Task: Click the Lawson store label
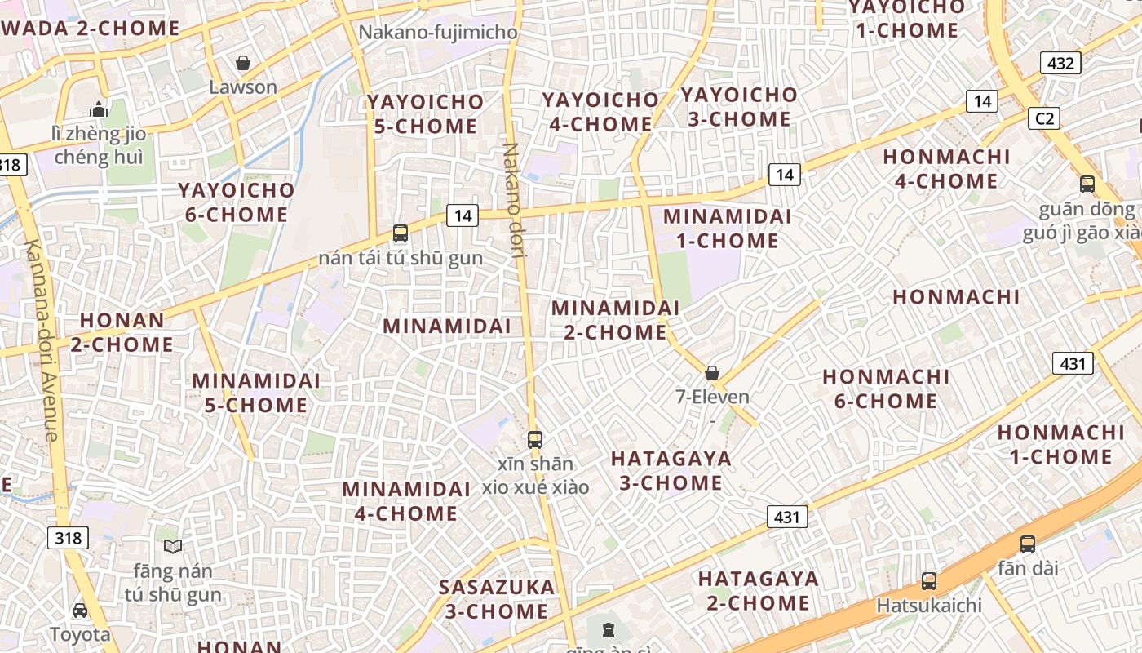pos(243,87)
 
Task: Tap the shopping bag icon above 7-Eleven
pos(712,373)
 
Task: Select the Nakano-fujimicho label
pos(438,33)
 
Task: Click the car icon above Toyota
pos(80,610)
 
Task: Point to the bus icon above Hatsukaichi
pos(929,581)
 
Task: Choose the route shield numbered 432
pos(1060,63)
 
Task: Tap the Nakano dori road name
pos(513,200)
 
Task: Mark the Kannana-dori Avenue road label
pos(41,341)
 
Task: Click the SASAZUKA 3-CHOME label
pos(497,598)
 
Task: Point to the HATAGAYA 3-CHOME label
pos(671,470)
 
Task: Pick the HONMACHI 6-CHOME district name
pos(886,389)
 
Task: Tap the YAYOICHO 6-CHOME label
pos(237,202)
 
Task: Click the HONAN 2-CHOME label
pos(122,332)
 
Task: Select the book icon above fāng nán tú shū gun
pos(173,546)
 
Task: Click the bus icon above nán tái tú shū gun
pos(401,233)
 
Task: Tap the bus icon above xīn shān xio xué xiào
pos(535,440)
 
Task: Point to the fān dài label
pos(1028,567)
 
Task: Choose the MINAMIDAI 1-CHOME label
pos(727,229)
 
